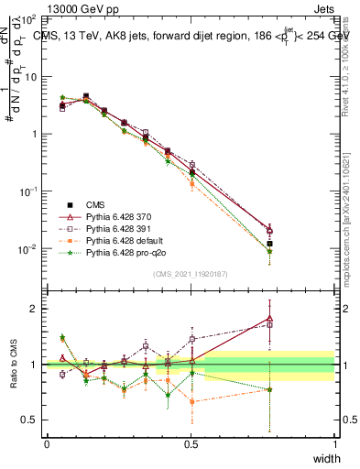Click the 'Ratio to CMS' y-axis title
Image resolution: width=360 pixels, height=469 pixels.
click(16, 365)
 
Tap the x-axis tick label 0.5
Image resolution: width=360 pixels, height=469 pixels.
click(191, 443)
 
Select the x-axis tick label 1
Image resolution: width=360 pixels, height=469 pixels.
click(334, 443)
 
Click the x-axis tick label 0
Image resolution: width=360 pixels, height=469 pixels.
click(47, 443)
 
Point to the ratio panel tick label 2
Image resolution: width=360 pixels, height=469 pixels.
click(34, 309)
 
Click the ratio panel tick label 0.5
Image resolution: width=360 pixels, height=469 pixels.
click(29, 420)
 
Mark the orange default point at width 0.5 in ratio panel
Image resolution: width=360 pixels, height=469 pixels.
click(191, 401)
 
